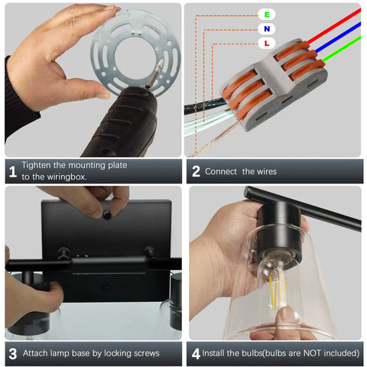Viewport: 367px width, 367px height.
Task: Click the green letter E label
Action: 267,15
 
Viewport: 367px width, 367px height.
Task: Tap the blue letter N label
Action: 267,29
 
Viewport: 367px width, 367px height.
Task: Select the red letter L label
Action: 267,43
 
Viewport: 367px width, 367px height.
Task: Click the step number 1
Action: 12,171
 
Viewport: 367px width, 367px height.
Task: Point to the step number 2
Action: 196,171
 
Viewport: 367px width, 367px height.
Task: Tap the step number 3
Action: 13,354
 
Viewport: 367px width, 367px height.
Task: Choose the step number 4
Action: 196,354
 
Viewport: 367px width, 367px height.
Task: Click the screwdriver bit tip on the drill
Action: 161,63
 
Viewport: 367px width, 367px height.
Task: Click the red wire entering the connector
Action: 334,25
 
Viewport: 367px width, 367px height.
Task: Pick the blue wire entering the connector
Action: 338,37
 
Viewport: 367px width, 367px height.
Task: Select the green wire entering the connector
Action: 342,48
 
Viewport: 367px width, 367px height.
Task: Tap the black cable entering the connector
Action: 205,105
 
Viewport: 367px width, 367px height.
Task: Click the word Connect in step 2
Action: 221,171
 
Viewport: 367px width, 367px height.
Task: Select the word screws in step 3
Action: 146,353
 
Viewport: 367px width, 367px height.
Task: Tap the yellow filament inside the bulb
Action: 277,291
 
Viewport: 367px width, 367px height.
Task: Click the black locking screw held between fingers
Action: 107,216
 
